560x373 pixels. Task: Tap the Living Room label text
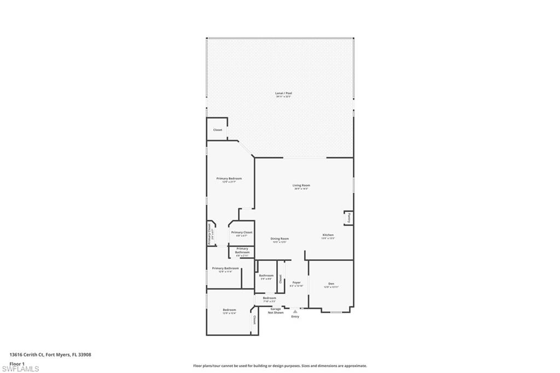[x=301, y=186]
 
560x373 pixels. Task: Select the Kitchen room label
[x=328, y=235]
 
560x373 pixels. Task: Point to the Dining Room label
[x=279, y=239]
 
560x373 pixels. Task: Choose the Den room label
[x=331, y=284]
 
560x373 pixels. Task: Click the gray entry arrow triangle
[x=295, y=312]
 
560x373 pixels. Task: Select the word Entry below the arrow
[x=295, y=317]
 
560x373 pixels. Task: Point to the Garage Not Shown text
[x=276, y=311]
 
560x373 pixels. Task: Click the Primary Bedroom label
[x=229, y=179]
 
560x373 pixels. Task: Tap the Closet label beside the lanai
[x=218, y=130]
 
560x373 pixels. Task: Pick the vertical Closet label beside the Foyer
[x=279, y=280]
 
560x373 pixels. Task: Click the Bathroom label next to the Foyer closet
[x=266, y=276]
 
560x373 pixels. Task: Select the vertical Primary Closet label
[x=209, y=234]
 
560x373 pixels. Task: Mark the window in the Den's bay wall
[x=336, y=312]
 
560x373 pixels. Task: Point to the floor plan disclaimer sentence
[x=280, y=366]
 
